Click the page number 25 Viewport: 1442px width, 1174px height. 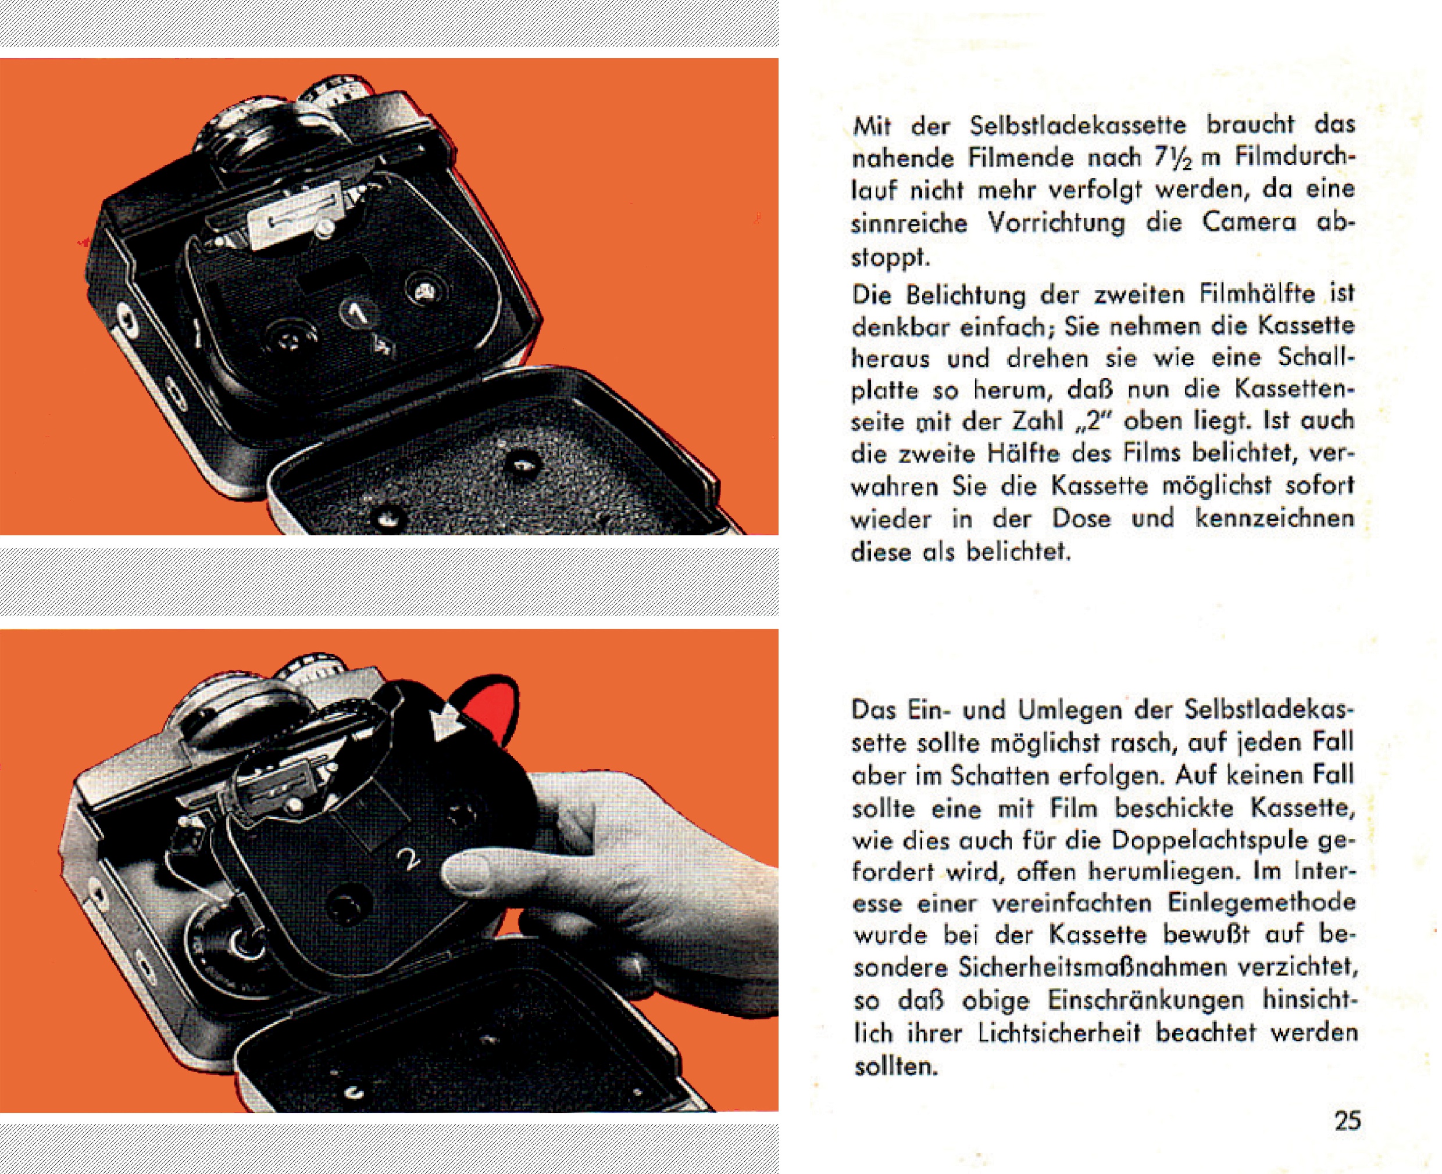click(1347, 1121)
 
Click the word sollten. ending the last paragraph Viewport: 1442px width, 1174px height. click(897, 1066)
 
